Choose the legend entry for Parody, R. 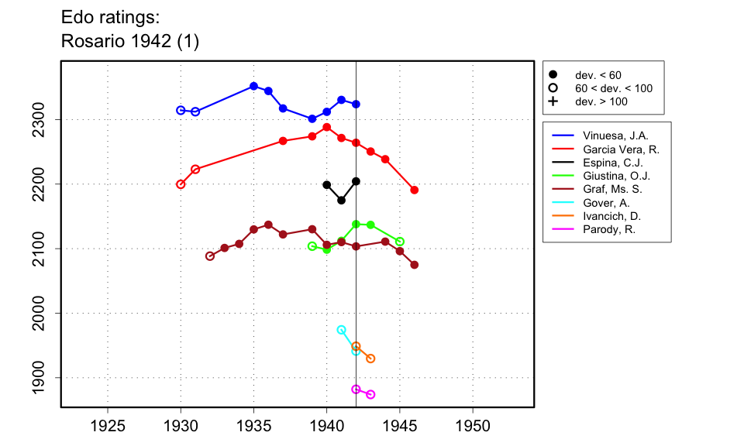pyautogui.click(x=604, y=229)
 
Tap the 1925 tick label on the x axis pyautogui.click(x=108, y=426)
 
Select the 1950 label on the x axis pyautogui.click(x=473, y=426)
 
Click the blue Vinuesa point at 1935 pyautogui.click(x=253, y=86)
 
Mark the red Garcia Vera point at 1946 pyautogui.click(x=415, y=190)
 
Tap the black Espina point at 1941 pyautogui.click(x=341, y=201)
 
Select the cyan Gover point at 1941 pyautogui.click(x=341, y=330)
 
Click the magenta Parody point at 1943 pyautogui.click(x=370, y=395)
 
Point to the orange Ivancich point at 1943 pyautogui.click(x=370, y=359)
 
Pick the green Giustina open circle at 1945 pyautogui.click(x=400, y=242)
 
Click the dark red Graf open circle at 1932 pyautogui.click(x=210, y=256)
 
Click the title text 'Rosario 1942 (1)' pyautogui.click(x=129, y=42)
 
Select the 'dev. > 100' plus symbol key pyautogui.click(x=553, y=101)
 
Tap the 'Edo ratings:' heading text pyautogui.click(x=110, y=18)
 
